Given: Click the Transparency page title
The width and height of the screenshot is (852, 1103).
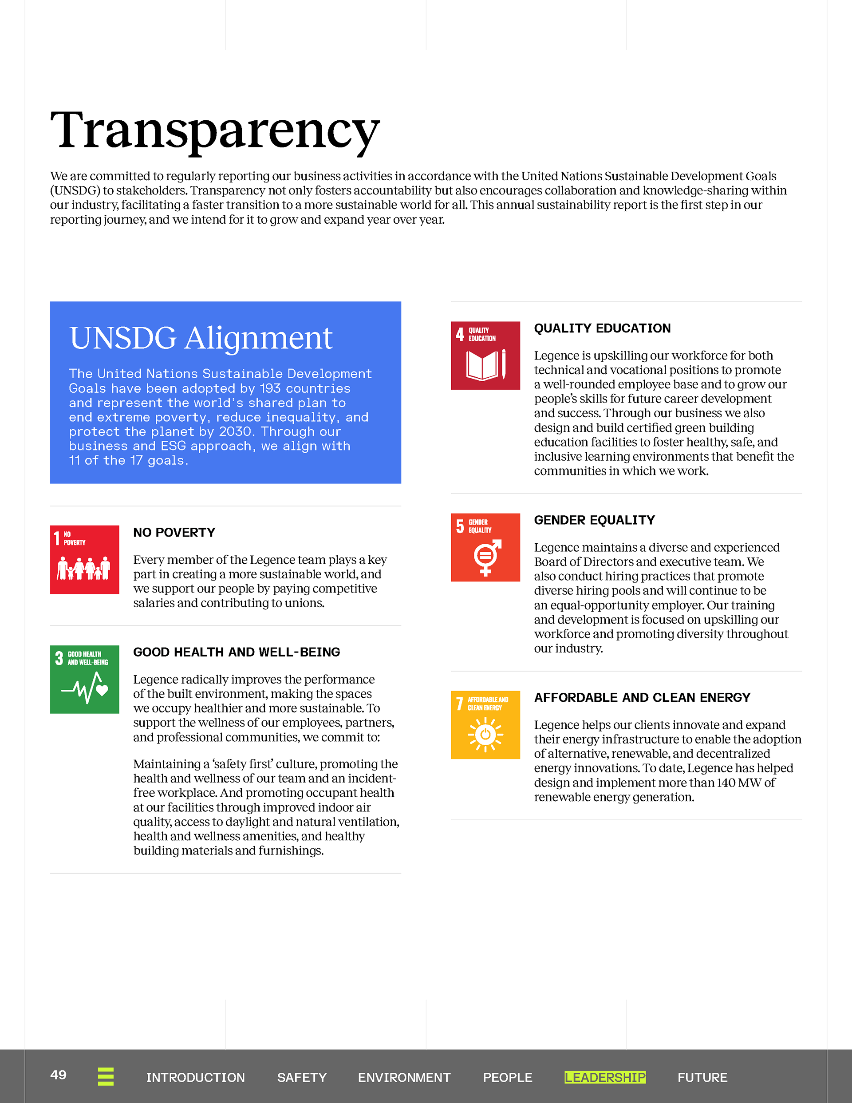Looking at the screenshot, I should click(215, 130).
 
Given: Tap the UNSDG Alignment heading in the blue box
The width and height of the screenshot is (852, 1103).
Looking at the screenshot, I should click(201, 337).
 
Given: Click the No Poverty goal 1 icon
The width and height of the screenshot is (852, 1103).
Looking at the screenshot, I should click(84, 560).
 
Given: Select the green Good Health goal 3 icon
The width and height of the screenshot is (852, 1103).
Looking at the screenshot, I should click(84, 679).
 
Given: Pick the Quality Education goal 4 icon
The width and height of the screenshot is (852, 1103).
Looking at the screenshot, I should click(485, 356).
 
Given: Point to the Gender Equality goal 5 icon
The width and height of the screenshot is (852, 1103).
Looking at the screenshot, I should click(485, 547).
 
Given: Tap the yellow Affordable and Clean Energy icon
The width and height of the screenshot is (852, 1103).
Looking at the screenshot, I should click(485, 725).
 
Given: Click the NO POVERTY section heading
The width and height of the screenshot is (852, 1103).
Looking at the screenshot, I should click(174, 532).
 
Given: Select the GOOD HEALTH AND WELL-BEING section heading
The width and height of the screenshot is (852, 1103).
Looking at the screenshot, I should click(237, 652).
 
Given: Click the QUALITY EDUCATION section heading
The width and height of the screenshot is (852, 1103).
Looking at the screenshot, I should click(602, 328).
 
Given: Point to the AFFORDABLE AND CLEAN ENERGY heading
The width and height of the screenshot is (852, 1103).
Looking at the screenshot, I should click(642, 697).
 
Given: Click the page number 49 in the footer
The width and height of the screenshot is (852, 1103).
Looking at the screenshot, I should click(58, 1074).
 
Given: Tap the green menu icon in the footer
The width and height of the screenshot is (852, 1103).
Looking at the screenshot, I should click(106, 1076).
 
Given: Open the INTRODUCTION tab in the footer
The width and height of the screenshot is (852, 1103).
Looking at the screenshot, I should click(195, 1077).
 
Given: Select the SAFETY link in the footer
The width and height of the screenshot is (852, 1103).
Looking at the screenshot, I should click(301, 1077).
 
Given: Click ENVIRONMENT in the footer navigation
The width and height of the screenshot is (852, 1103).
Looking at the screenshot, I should click(404, 1077).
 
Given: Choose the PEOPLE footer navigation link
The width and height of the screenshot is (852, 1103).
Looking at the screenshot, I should click(508, 1077).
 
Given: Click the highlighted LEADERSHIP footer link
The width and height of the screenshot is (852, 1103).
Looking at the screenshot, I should click(605, 1077).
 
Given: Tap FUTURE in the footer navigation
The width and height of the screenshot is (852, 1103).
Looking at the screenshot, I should click(702, 1077).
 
